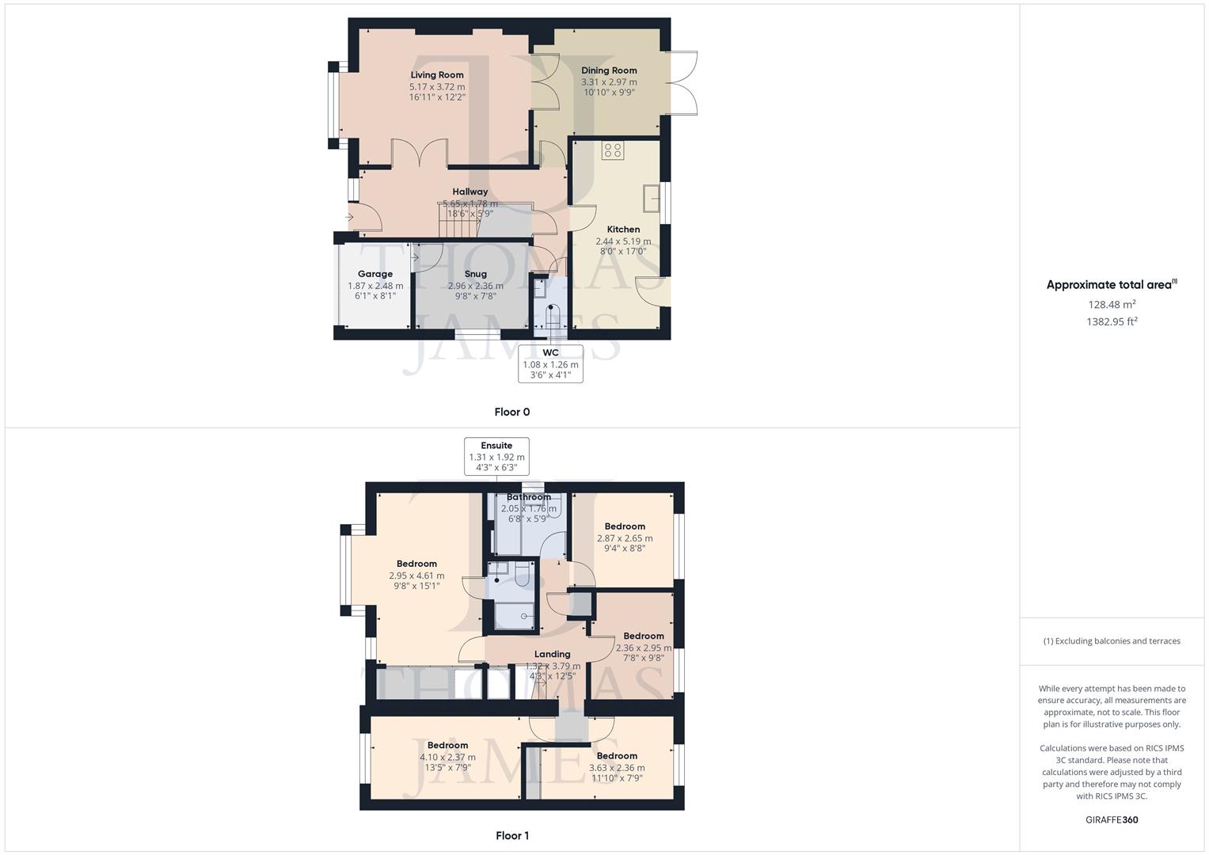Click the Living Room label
tap(437, 75)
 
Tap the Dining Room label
tap(609, 70)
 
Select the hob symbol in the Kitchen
tap(613, 150)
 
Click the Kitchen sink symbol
tap(652, 198)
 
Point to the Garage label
tap(375, 274)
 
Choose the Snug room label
tap(475, 274)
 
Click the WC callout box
tap(550, 364)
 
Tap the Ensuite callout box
tap(496, 457)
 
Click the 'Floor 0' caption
tap(511, 412)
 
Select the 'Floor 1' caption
tap(511, 835)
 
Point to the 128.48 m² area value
tap(1112, 304)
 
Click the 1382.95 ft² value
tap(1112, 321)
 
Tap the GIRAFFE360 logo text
tap(1112, 819)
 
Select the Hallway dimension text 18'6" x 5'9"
tap(470, 214)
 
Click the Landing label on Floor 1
tap(552, 654)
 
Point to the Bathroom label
tap(529, 497)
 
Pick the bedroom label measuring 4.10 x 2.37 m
tap(447, 745)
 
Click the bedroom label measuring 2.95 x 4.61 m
tap(416, 564)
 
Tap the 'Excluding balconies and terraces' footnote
tap(1112, 641)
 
